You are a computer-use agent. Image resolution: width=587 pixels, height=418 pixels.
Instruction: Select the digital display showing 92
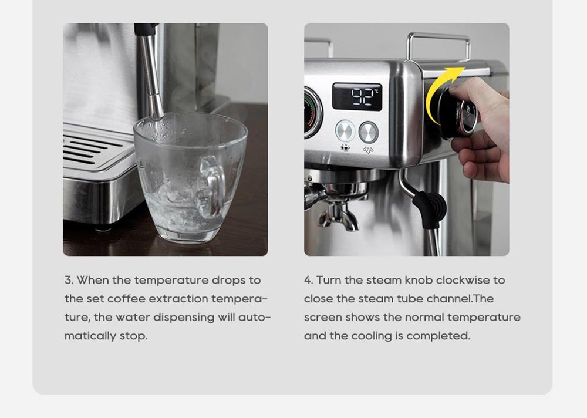[x=356, y=96]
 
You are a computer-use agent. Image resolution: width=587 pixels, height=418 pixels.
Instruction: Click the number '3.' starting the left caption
[x=69, y=280]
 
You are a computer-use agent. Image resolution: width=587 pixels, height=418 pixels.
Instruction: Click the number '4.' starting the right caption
[x=309, y=280]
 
